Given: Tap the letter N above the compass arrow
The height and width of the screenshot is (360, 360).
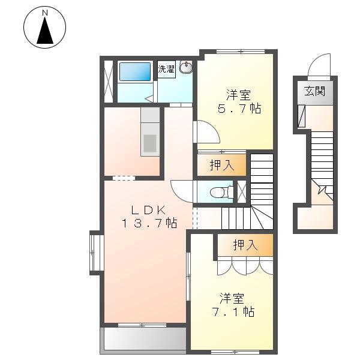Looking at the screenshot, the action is [45, 13].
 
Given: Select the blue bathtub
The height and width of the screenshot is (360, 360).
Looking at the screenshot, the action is [135, 71].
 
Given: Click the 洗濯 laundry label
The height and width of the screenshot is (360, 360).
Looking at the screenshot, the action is [166, 69].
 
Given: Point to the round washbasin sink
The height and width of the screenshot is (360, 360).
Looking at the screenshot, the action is [186, 67].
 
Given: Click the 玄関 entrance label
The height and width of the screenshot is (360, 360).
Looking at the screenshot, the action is [315, 91].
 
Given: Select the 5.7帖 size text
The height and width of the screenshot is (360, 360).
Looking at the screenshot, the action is [239, 109].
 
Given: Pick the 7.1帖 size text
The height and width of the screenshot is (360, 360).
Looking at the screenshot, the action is [234, 312].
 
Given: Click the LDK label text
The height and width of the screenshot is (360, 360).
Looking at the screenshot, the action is [148, 209].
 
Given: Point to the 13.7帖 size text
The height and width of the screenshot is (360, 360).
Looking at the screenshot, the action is [149, 223].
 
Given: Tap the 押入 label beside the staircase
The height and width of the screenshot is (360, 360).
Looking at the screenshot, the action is [222, 165].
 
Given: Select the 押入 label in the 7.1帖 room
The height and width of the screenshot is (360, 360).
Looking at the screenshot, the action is [245, 245].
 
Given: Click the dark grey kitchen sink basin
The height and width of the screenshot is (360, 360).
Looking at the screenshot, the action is [150, 143].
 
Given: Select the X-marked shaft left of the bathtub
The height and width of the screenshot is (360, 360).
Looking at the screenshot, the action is [109, 81].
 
